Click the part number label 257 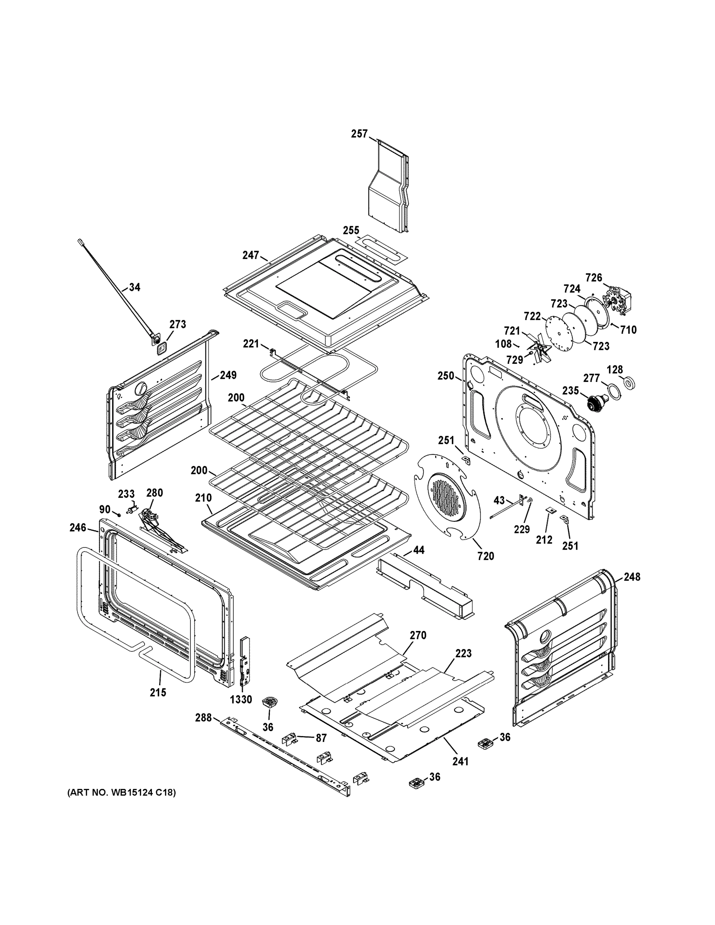359,134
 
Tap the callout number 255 351,230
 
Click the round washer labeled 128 629,383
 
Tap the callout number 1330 241,699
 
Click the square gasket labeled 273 162,348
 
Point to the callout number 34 135,287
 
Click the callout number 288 203,718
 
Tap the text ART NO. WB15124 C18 121,792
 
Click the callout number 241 461,761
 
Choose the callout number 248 632,577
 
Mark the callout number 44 419,550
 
